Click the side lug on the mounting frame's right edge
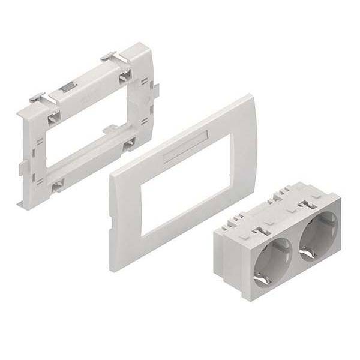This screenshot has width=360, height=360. pyautogui.click(x=155, y=90)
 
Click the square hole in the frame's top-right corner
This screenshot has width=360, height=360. pyautogui.click(x=126, y=76)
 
